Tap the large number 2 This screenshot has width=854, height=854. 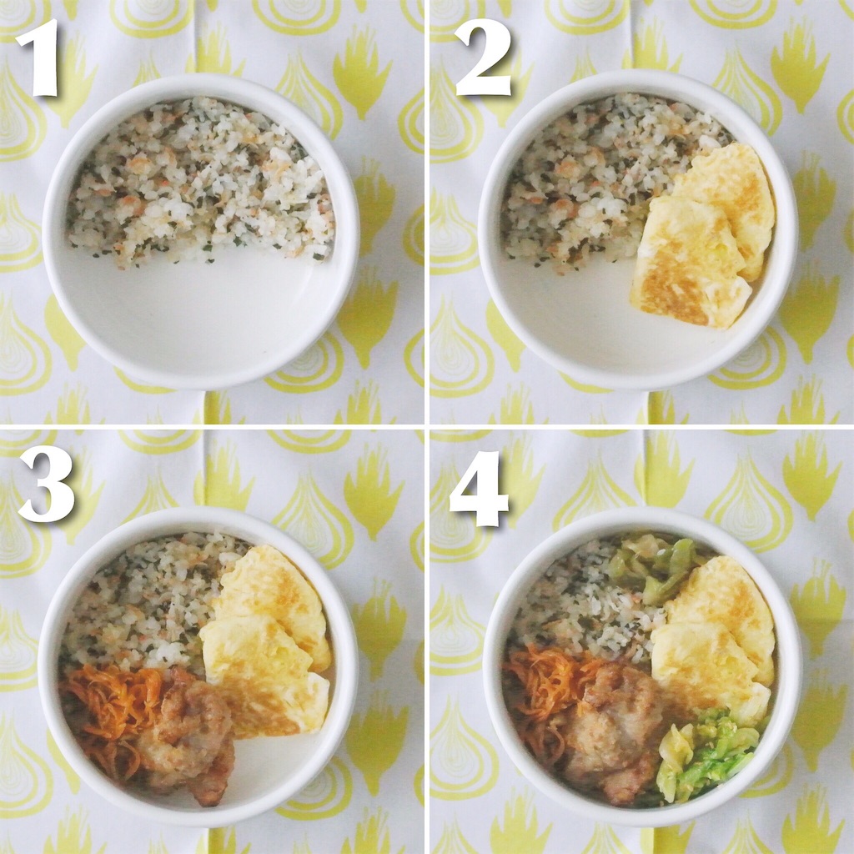[483, 58]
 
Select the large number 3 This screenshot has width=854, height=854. [46, 485]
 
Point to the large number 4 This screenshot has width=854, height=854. [479, 489]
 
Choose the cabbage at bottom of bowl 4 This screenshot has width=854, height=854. [706, 754]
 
